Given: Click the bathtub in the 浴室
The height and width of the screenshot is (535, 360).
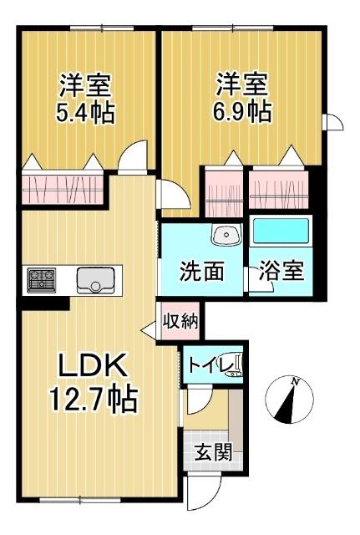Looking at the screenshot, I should pos(281,231).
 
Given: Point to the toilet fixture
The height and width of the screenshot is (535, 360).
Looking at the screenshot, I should pos(236,364).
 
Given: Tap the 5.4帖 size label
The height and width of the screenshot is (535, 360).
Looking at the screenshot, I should pos(86,111).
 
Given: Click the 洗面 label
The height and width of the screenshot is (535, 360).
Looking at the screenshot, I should pos(203,272).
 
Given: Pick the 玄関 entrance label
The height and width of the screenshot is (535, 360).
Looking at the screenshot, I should pos(211,456).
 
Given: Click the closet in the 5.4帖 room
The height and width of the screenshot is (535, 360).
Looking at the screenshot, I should pos(63,186).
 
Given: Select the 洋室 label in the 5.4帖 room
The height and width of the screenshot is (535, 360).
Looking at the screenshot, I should pos(86,84).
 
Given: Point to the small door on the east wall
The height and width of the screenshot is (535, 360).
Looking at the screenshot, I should pos(333,122).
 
